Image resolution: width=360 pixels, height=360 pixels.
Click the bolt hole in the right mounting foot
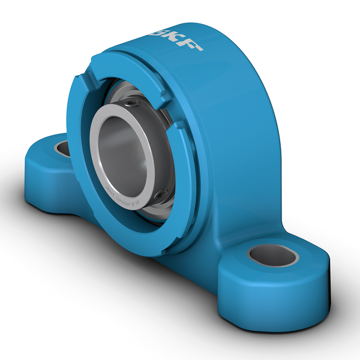[273, 255]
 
